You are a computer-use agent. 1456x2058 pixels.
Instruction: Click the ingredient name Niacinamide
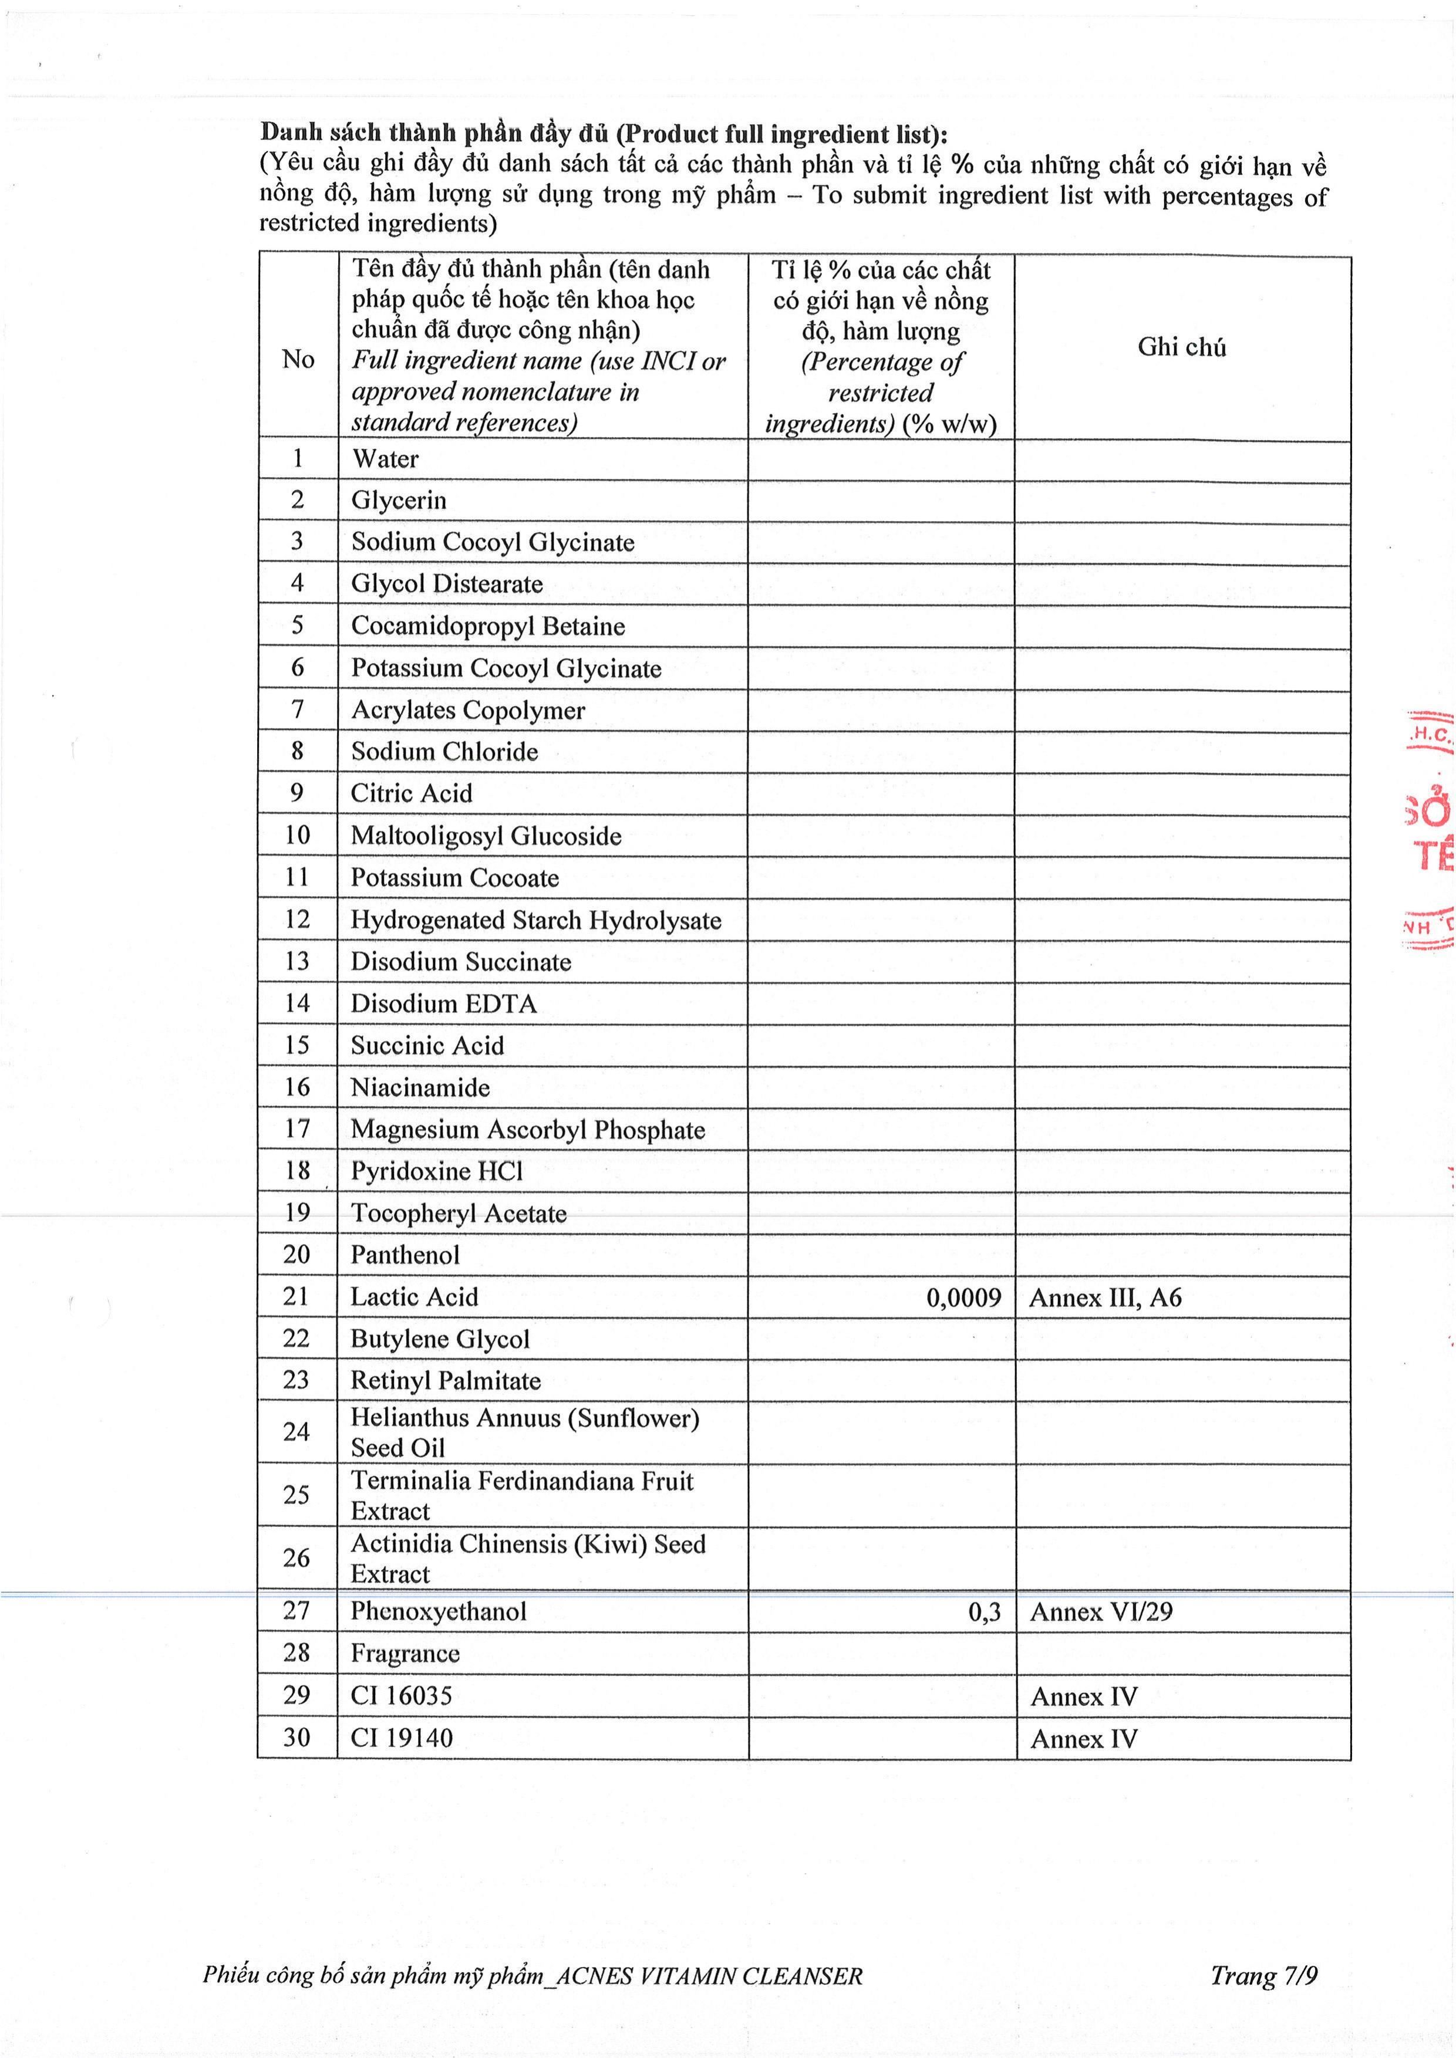coord(420,1087)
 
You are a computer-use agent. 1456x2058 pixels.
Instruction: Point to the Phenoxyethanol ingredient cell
coord(439,1611)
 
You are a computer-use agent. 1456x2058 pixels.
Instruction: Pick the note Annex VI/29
coord(1100,1611)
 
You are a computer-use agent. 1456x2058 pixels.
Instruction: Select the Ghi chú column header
coord(1182,347)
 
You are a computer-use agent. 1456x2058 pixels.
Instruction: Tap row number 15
coord(296,1045)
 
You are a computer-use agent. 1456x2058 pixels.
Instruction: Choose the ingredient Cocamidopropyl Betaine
coord(488,626)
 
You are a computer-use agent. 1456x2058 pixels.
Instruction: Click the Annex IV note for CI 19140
coord(1083,1739)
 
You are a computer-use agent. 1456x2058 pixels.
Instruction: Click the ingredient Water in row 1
coord(385,459)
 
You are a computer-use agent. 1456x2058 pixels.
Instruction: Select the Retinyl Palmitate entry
coord(446,1380)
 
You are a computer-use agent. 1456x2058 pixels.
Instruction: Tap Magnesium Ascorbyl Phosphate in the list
coord(527,1130)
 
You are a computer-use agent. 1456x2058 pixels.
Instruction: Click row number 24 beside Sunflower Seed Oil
coord(296,1431)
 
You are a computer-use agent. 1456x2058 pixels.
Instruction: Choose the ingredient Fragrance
coord(405,1653)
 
